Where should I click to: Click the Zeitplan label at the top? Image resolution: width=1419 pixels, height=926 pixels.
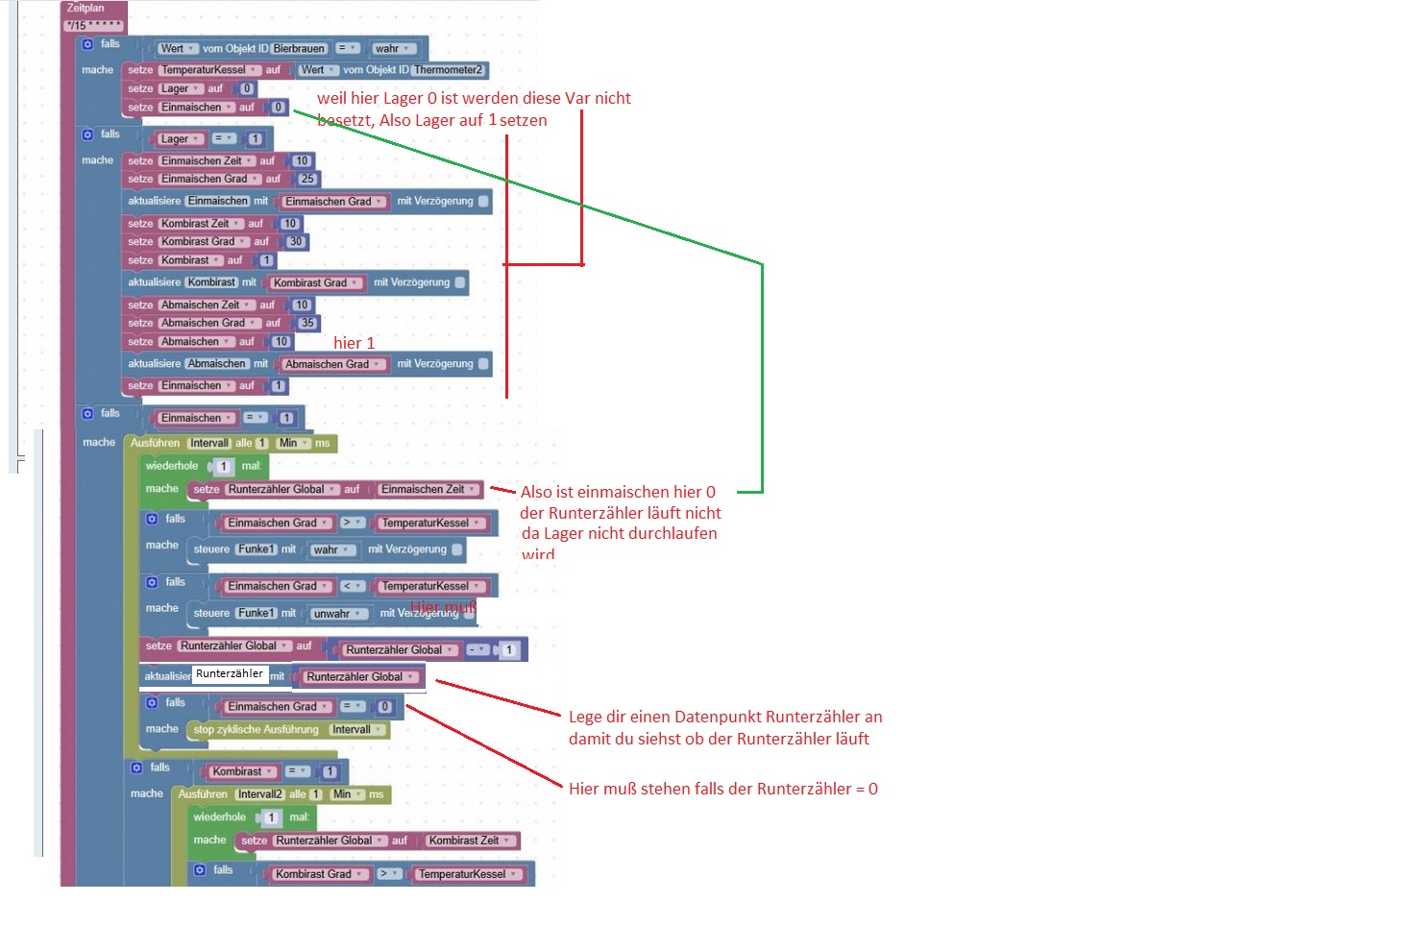tap(86, 8)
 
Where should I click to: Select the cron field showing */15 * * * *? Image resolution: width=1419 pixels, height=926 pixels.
tap(94, 26)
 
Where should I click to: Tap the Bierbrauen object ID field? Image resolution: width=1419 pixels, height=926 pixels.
tap(299, 49)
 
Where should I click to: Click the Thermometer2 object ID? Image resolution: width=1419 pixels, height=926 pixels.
tap(449, 70)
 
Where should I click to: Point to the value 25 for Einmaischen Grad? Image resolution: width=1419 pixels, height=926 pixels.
tap(307, 180)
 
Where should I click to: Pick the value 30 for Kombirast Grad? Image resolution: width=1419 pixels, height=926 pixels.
tap(296, 242)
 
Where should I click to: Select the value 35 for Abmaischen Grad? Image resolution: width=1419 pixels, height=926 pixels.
tap(307, 324)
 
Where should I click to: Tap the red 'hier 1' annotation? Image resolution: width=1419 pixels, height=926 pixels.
tap(354, 343)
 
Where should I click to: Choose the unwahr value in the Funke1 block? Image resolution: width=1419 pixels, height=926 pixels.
tap(336, 614)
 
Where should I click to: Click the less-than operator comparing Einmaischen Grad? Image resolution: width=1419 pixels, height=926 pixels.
tap(353, 586)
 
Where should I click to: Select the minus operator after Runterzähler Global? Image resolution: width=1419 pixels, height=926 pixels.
tap(477, 650)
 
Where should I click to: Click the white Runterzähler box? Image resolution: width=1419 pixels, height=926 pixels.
tap(230, 674)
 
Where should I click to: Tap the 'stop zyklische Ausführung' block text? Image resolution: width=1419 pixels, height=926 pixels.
tap(256, 730)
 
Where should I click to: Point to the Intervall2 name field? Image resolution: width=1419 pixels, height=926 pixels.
tap(260, 795)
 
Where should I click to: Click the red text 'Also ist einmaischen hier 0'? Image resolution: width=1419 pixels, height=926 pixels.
tap(618, 492)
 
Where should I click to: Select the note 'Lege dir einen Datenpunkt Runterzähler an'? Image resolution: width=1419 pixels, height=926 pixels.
tap(724, 717)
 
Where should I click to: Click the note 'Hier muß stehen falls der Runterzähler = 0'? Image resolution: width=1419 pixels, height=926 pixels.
tap(722, 789)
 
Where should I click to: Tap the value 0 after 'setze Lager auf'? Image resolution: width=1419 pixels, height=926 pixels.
tap(247, 89)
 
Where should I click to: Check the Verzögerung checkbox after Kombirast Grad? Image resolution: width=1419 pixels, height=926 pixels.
tap(460, 282)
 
